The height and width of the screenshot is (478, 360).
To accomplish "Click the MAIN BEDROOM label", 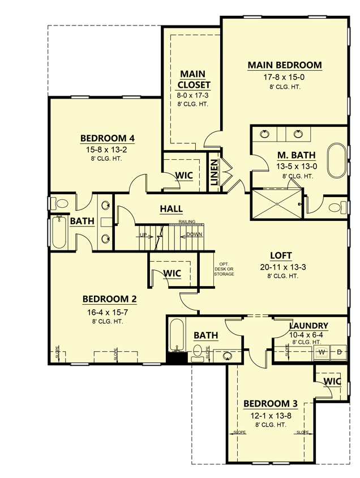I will pyautogui.click(x=284, y=65).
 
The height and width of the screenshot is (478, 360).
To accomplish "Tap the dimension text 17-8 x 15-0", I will pyautogui.click(x=284, y=76).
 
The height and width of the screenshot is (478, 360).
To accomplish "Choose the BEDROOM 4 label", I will pyautogui.click(x=107, y=138).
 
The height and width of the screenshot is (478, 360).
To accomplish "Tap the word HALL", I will pyautogui.click(x=171, y=209).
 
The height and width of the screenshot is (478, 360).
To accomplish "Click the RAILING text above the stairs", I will pyautogui.click(x=187, y=221).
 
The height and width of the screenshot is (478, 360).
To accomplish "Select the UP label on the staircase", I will pyautogui.click(x=144, y=234).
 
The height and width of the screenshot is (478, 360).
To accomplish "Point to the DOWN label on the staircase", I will pyautogui.click(x=194, y=234).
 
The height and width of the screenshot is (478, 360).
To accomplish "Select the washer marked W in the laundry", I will pyautogui.click(x=322, y=352).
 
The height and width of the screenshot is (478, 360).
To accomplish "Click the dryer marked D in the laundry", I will pyautogui.click(x=339, y=352).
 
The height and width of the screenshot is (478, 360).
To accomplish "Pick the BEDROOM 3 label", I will pyautogui.click(x=270, y=404).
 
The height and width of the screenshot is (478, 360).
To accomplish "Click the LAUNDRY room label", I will pyautogui.click(x=308, y=326).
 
